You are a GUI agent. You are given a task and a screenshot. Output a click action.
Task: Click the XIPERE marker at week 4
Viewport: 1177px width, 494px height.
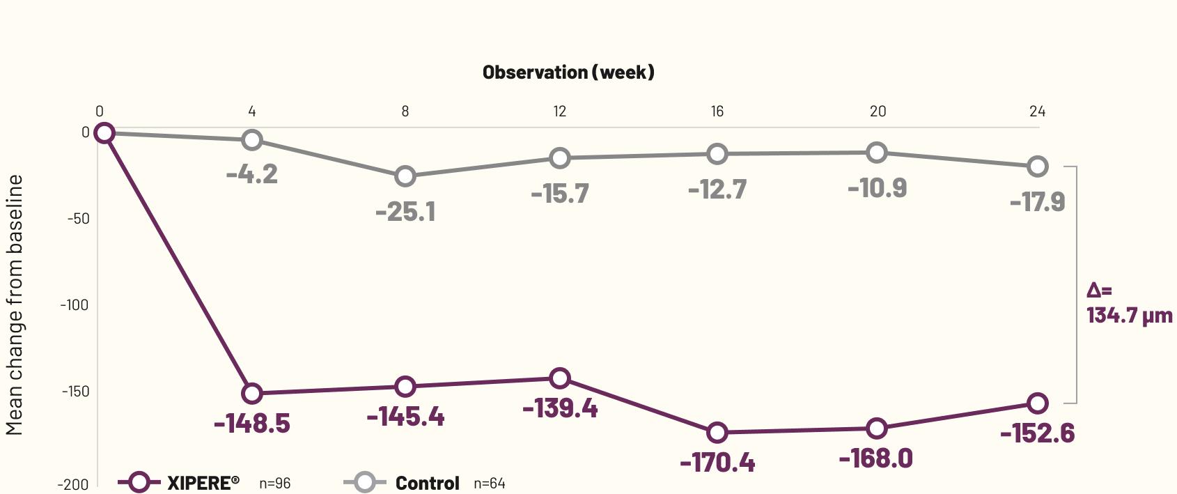252,394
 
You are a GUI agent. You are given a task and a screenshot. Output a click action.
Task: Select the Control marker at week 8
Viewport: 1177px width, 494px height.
405,176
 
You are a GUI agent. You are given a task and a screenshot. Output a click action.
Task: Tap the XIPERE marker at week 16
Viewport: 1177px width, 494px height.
717,433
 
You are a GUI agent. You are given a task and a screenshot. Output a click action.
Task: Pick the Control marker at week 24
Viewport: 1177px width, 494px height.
1037,167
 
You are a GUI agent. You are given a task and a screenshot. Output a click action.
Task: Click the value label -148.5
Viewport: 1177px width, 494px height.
252,424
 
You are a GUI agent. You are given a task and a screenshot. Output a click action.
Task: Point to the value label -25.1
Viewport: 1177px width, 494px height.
405,212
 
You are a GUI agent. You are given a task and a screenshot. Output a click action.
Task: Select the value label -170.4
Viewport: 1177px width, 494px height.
717,463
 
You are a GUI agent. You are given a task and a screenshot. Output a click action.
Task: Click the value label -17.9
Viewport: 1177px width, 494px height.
1037,202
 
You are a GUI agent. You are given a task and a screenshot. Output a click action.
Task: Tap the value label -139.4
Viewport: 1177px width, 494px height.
560,408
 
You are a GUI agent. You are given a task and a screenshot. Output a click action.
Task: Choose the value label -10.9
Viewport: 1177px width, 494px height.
877,188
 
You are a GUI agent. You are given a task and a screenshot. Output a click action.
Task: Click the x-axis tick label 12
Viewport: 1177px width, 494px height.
560,111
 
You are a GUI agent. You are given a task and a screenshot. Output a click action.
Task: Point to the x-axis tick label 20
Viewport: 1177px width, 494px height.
878,111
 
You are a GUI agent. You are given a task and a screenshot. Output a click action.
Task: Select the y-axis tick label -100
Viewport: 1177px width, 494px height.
75,305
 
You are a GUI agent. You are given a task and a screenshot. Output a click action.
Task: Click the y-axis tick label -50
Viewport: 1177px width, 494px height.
78,219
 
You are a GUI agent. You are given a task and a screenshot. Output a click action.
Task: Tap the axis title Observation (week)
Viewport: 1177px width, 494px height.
568,72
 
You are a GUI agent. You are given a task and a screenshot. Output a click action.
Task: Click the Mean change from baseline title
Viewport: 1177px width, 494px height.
15,305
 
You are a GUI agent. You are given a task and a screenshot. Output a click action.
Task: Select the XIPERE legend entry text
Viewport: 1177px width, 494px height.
203,483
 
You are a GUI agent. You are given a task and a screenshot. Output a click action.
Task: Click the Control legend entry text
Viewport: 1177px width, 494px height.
427,484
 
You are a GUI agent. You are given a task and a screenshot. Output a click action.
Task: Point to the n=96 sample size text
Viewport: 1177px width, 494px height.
275,484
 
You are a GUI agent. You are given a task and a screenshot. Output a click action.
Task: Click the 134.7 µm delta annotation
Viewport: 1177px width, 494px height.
1129,315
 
